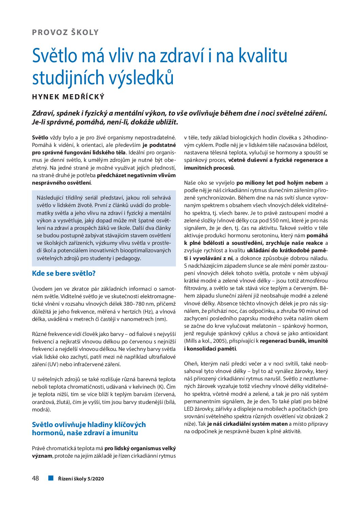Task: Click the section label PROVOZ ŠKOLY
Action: (x=65, y=33)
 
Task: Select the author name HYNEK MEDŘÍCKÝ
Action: (x=68, y=97)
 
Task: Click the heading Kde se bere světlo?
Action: (x=64, y=273)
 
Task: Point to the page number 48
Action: (x=35, y=478)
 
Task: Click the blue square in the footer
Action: (x=51, y=478)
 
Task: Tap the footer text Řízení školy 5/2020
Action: (x=81, y=479)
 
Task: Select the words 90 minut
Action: (x=309, y=311)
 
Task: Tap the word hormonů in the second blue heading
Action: (x=47, y=433)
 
